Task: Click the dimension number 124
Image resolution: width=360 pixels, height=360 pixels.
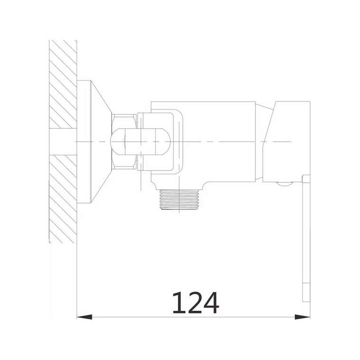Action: [x=195, y=303]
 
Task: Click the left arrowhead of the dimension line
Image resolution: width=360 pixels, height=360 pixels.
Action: [x=84, y=317]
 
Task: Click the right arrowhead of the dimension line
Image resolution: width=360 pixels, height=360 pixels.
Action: [x=302, y=317]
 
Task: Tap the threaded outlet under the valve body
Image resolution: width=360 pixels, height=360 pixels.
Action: [x=179, y=199]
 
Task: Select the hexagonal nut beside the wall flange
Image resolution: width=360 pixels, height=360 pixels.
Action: [x=124, y=142]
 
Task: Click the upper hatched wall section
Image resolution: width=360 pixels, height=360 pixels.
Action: [x=63, y=84]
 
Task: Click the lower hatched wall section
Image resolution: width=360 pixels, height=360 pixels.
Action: [x=63, y=199]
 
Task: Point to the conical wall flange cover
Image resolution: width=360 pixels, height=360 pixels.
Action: [x=101, y=142]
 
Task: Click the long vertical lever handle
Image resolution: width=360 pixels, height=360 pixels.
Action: [x=306, y=238]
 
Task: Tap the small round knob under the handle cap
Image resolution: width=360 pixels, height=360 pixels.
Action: [x=285, y=183]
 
